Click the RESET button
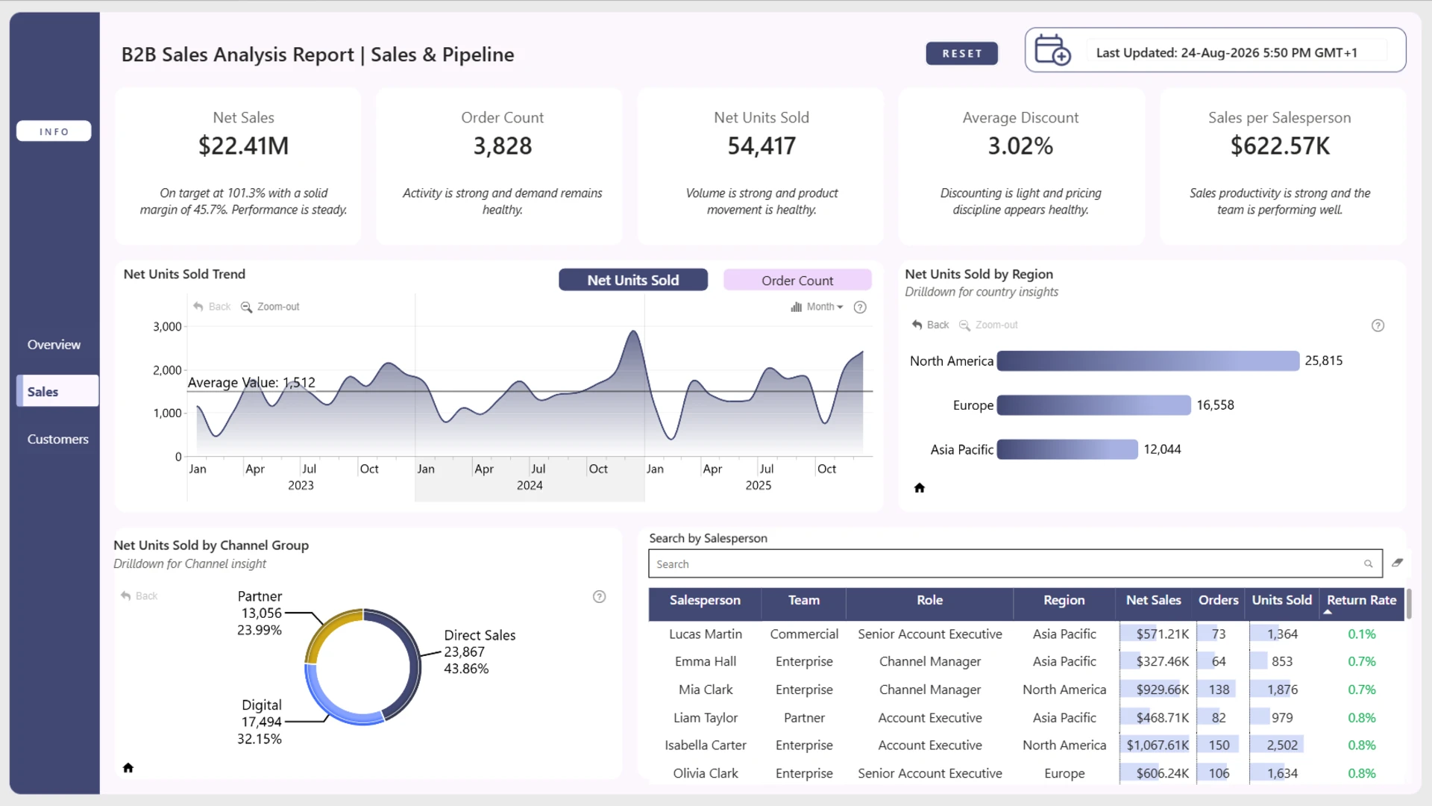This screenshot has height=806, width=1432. [x=961, y=54]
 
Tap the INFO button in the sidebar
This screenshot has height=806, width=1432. [x=54, y=131]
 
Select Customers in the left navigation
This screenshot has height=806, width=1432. [x=57, y=439]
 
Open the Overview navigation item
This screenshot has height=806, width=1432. [x=54, y=345]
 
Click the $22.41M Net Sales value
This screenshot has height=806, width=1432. [x=243, y=146]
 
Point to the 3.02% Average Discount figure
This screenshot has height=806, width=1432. [x=1020, y=146]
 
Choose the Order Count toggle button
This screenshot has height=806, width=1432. [x=797, y=281]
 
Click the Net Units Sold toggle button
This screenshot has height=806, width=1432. [x=633, y=280]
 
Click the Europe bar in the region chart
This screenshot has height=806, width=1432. [x=1093, y=405]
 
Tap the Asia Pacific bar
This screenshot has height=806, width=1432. [x=1067, y=449]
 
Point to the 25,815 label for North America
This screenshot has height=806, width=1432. [x=1323, y=361]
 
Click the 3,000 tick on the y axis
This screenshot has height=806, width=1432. [x=167, y=327]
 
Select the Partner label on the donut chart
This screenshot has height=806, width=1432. [x=260, y=596]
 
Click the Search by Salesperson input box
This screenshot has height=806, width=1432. [x=1014, y=564]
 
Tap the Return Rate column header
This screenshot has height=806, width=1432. [x=1361, y=600]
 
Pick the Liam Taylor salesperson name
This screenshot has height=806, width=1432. [x=705, y=718]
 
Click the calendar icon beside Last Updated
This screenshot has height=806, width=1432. [x=1052, y=50]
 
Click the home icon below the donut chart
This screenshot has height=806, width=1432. [x=128, y=768]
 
